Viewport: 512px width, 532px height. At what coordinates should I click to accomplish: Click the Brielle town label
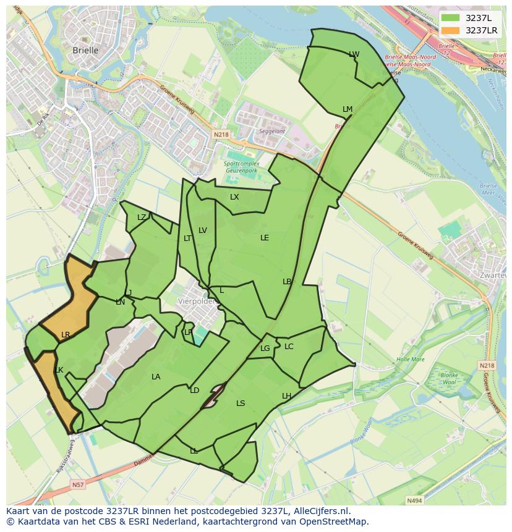(85, 51)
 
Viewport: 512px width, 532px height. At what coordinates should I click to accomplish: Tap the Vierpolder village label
(195, 302)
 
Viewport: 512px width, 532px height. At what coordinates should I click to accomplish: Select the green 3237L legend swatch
(451, 18)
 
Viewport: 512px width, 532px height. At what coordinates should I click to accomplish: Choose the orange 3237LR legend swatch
(451, 30)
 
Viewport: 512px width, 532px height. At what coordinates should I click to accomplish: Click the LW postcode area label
(354, 54)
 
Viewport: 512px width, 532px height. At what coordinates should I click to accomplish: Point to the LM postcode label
(348, 109)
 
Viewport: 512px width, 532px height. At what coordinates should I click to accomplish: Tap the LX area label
(234, 197)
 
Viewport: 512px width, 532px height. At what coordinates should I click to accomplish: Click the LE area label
(265, 237)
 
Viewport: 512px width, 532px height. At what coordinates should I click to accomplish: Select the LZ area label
(142, 217)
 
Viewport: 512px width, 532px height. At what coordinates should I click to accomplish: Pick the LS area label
(241, 403)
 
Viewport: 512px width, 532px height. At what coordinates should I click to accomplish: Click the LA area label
(156, 377)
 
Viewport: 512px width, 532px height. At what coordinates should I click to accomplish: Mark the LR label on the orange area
(66, 335)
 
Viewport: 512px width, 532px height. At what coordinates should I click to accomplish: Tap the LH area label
(286, 395)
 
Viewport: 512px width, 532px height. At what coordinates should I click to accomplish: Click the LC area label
(289, 347)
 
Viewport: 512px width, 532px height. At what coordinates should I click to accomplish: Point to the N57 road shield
(77, 485)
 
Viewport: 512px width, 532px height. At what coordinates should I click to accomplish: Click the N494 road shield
(414, 500)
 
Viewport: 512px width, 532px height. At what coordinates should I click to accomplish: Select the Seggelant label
(272, 132)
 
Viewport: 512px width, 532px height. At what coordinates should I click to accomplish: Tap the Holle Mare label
(411, 359)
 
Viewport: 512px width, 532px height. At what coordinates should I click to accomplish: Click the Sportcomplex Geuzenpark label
(242, 167)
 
